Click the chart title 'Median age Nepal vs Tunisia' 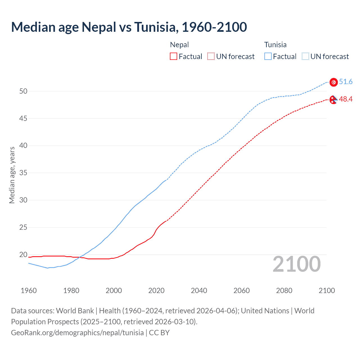click(129, 27)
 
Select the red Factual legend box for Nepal click(174, 57)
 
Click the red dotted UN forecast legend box click(211, 57)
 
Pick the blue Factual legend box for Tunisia click(268, 57)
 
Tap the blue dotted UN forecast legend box click(305, 57)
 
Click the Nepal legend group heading click(179, 45)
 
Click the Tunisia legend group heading click(275, 45)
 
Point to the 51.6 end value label click(346, 82)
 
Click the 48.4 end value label click(346, 99)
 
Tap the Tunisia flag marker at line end click(334, 82)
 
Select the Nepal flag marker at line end click(333, 100)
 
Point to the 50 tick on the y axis click(23, 91)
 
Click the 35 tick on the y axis click(23, 173)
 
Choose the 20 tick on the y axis click(23, 255)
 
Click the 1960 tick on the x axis click(29, 291)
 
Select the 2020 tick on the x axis click(156, 291)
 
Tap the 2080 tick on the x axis click(284, 291)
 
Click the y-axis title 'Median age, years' click(12, 175)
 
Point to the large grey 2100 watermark click(296, 264)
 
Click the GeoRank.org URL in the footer click(77, 333)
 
